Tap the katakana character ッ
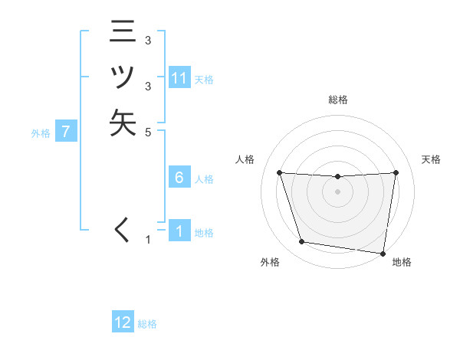click(x=123, y=77)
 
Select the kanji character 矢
click(x=123, y=122)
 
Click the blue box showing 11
click(x=179, y=78)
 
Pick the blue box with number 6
click(x=179, y=178)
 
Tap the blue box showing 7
click(x=66, y=132)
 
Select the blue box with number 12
click(x=123, y=322)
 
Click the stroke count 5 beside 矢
click(x=148, y=131)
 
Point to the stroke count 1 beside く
click(x=149, y=240)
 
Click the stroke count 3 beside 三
click(x=148, y=41)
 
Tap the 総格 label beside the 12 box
click(x=147, y=324)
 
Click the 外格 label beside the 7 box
click(x=41, y=133)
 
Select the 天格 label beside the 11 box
click(x=204, y=79)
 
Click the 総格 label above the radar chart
click(x=338, y=100)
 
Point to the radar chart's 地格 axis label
click(x=402, y=262)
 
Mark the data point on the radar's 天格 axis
click(x=396, y=172)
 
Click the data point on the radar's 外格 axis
click(x=302, y=242)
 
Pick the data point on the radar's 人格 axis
click(x=279, y=172)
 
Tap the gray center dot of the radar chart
click(x=337, y=191)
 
